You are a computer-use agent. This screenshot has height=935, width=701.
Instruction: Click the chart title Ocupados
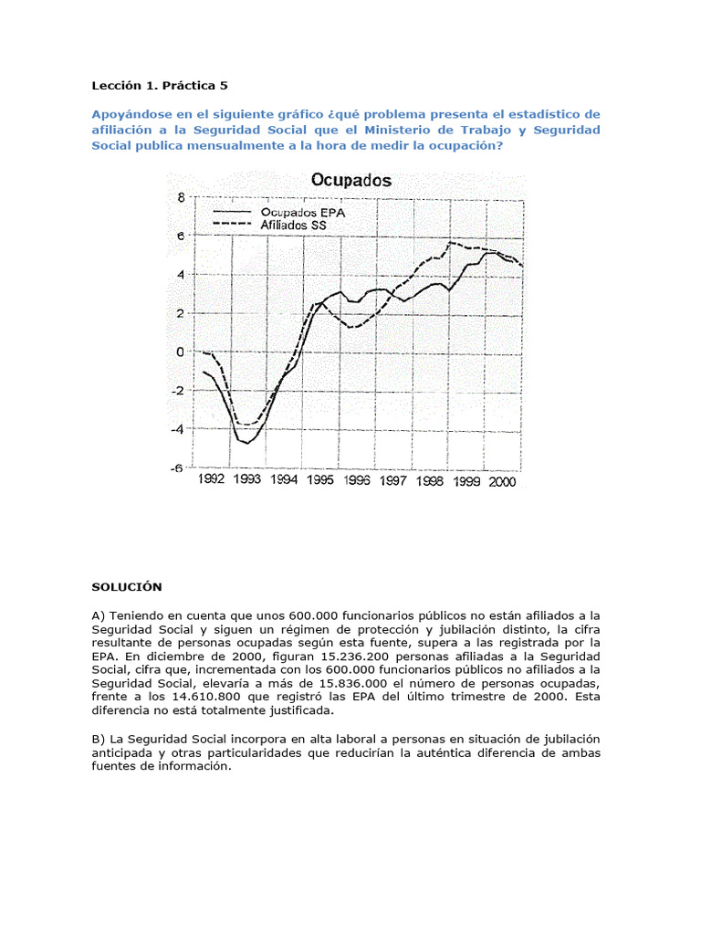[x=351, y=180]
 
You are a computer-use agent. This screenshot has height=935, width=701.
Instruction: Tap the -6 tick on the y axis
[x=178, y=467]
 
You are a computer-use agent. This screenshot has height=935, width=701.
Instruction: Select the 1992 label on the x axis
[x=211, y=480]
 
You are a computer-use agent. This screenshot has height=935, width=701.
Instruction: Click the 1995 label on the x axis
[x=319, y=480]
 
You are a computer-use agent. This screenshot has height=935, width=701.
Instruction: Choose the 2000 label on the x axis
[x=502, y=481]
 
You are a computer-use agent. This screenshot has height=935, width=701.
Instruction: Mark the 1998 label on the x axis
[x=430, y=481]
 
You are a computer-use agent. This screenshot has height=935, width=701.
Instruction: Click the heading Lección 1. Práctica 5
[x=159, y=86]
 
